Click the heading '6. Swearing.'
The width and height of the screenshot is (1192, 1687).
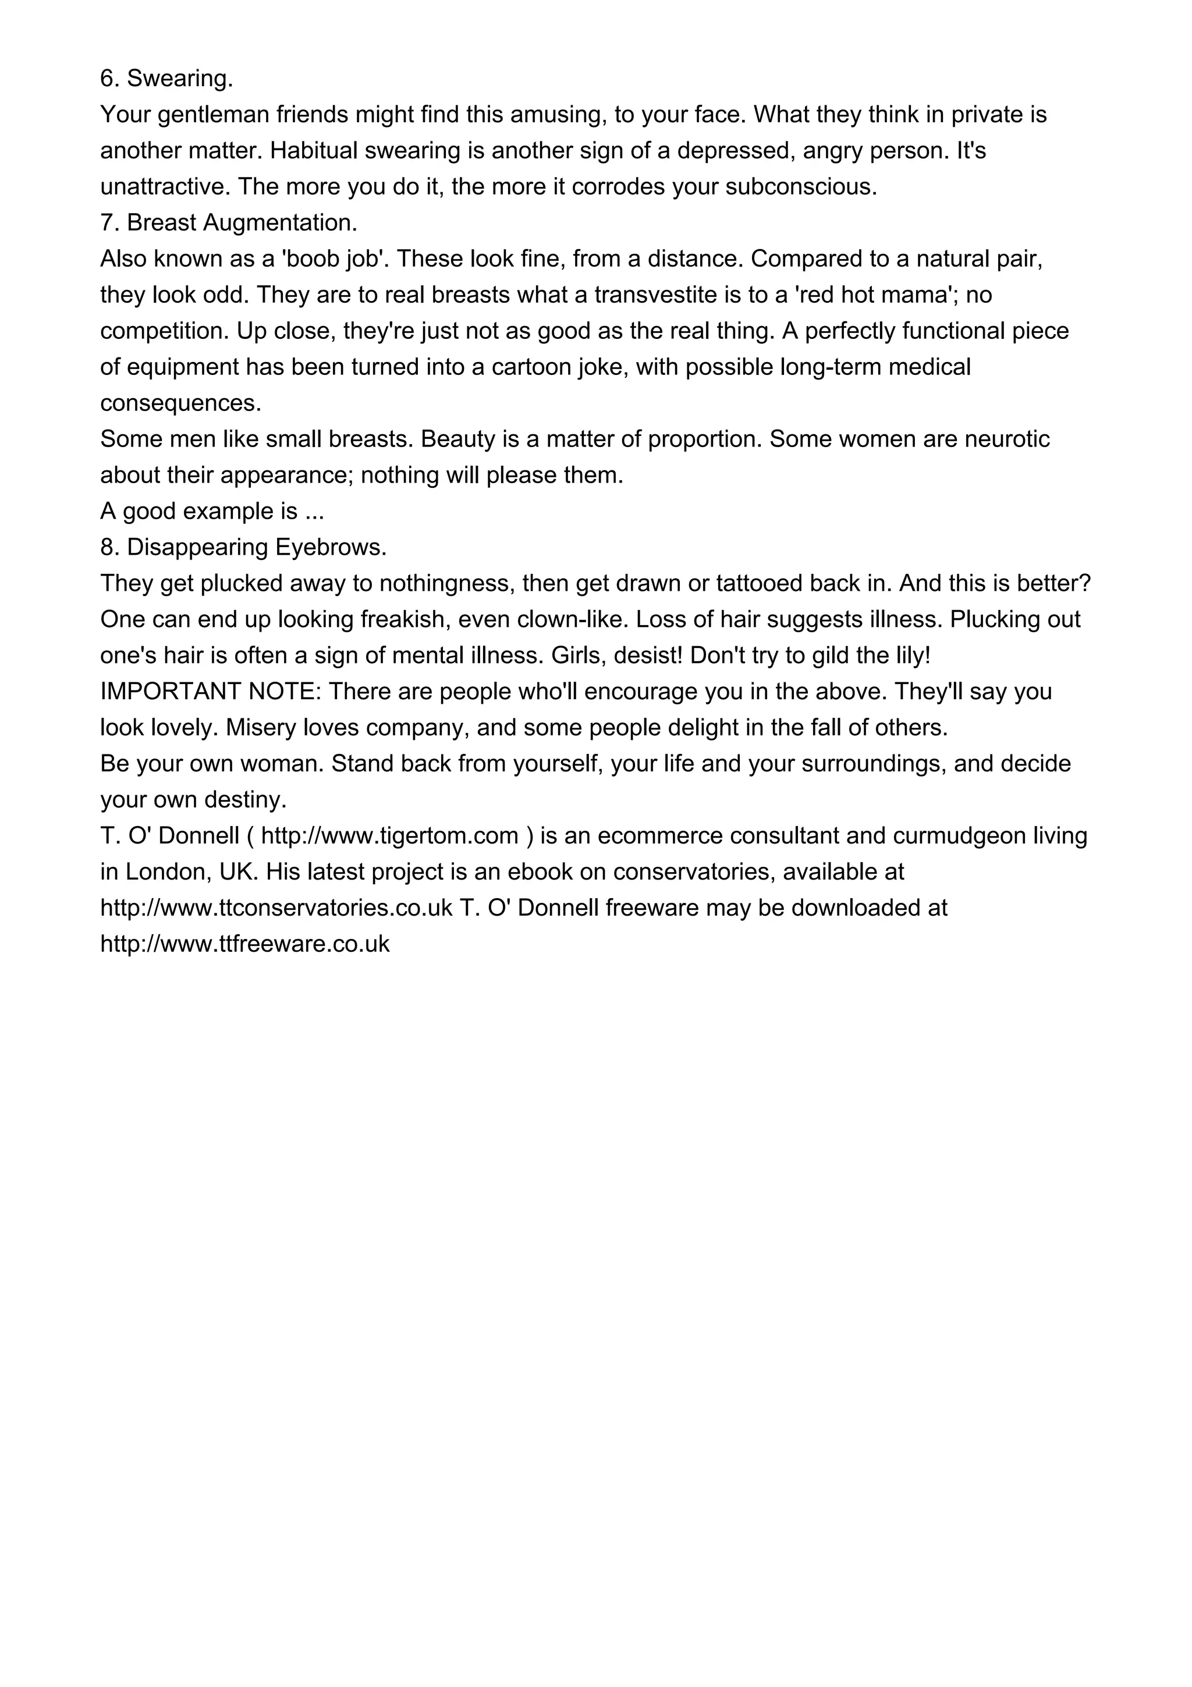click(x=166, y=79)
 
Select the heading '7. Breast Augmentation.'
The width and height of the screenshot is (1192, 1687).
click(x=228, y=222)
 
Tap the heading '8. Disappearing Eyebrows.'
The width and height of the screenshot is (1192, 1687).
click(x=243, y=547)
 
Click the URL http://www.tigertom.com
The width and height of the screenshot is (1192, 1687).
click(x=390, y=836)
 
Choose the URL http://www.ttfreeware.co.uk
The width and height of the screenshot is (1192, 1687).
click(x=244, y=944)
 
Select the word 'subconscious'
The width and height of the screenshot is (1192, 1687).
click(x=800, y=187)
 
